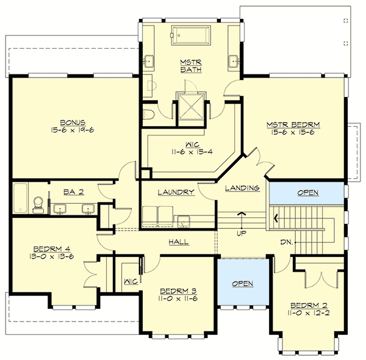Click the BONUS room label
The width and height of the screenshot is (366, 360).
76,121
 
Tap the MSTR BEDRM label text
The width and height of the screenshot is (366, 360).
293,125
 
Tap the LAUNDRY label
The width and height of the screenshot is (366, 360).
176,192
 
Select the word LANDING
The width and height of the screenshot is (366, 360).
242,188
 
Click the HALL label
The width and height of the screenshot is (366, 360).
178,242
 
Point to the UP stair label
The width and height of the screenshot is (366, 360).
242,233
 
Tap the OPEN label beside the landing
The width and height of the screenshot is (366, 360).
307,193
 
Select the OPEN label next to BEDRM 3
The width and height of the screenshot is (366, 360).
242,284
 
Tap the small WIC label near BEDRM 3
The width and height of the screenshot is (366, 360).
129,281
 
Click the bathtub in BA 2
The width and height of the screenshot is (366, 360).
20,198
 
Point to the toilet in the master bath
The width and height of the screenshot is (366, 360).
149,113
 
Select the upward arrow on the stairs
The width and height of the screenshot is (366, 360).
242,214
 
